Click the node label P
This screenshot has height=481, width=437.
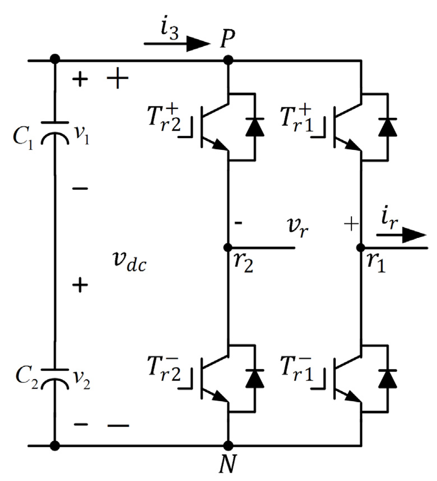[227, 39]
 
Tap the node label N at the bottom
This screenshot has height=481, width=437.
[227, 464]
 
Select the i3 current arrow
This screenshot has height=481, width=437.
[177, 44]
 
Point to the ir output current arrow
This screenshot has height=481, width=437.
[402, 235]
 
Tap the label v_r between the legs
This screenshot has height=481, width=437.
[298, 227]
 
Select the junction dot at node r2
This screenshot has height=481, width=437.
[228, 248]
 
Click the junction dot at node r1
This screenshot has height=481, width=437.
[361, 248]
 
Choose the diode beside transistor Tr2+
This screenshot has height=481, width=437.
[255, 127]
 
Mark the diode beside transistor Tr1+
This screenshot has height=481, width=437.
[388, 127]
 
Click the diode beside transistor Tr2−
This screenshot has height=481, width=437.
[255, 379]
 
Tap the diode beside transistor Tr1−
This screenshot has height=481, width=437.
[388, 379]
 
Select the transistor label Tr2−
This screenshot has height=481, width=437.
[164, 369]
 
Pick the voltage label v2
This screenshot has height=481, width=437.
[82, 380]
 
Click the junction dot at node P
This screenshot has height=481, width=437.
[228, 60]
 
